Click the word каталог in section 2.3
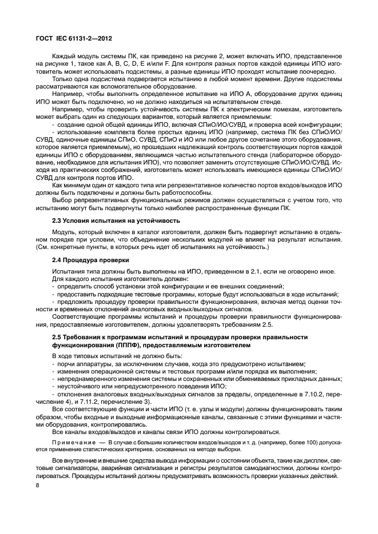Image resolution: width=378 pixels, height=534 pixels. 153,233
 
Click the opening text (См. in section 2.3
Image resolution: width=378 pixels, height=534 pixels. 43,247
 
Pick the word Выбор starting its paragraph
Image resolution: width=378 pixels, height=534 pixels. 62,200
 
